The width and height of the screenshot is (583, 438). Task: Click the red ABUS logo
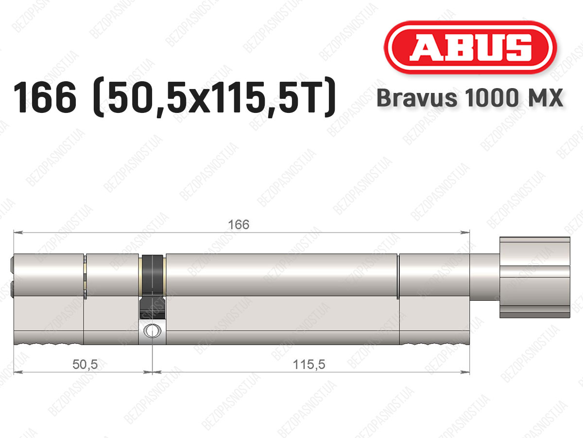coord(470,47)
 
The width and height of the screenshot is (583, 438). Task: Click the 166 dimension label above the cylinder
coord(239,225)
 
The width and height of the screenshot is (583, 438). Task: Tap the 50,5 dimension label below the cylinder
coord(85,365)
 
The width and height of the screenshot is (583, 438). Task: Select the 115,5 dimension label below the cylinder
coord(309,365)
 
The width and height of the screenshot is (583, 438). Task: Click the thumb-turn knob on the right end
coord(535,277)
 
